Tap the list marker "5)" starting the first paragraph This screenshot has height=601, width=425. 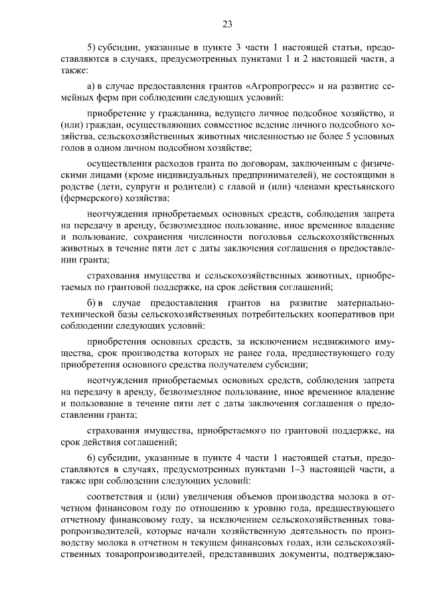(92, 49)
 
